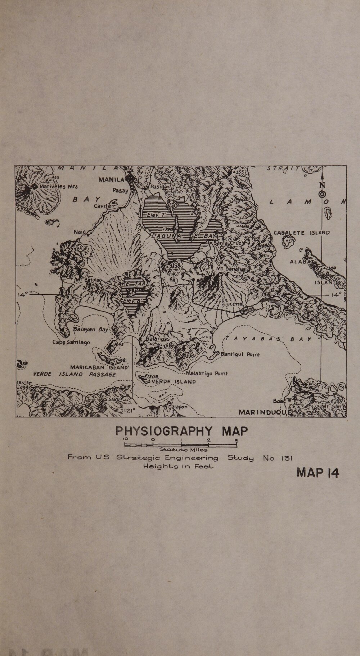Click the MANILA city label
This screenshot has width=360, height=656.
tap(111, 180)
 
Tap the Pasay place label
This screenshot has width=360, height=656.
tap(120, 190)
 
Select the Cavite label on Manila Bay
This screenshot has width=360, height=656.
tap(101, 206)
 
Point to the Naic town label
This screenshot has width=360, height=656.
tap(79, 232)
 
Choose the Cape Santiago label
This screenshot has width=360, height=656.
tap(71, 342)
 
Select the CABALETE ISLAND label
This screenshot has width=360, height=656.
tap(302, 232)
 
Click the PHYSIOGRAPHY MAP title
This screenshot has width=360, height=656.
tap(181, 431)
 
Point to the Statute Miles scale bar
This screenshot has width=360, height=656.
tap(181, 445)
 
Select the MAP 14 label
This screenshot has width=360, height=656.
tap(318, 473)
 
